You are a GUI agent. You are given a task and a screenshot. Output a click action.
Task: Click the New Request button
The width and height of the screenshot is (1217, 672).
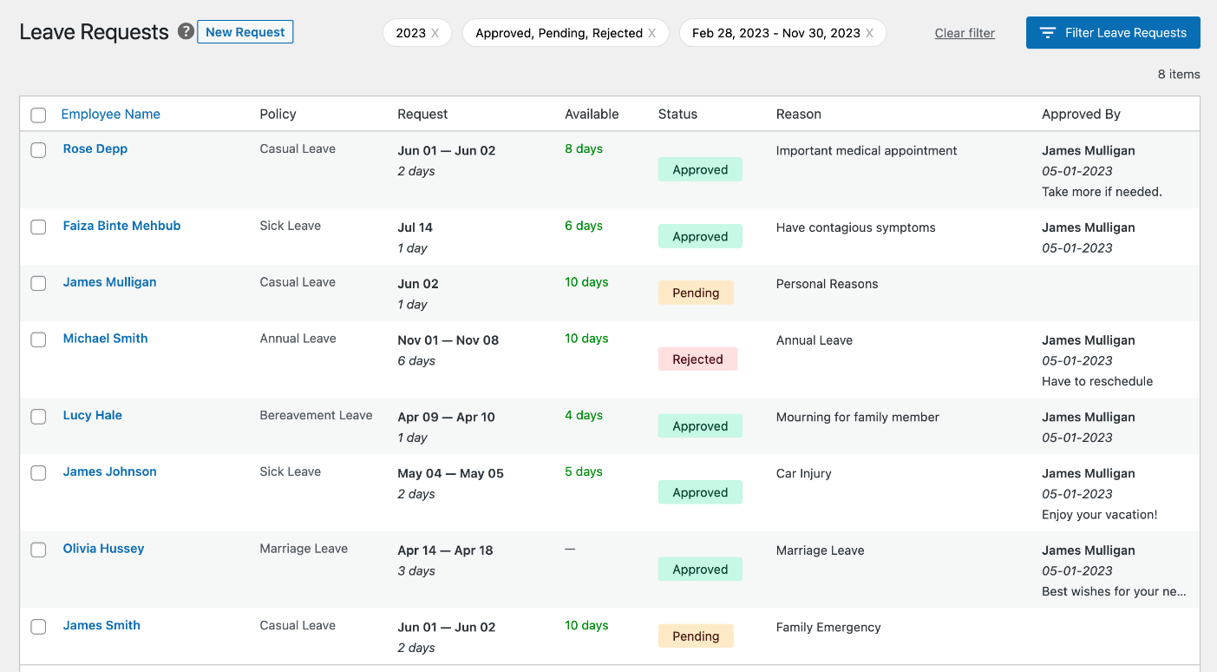(x=245, y=32)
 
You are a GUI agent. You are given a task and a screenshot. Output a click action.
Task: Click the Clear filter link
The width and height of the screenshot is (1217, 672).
(x=965, y=33)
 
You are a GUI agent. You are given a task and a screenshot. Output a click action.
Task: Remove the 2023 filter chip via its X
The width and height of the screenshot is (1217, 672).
(x=435, y=33)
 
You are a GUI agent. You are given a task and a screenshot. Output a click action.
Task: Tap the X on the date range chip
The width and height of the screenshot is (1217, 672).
(x=870, y=33)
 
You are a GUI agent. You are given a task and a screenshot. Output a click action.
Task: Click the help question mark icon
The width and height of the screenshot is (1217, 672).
(x=186, y=31)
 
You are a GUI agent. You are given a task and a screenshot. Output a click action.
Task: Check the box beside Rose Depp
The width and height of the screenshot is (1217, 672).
(x=38, y=150)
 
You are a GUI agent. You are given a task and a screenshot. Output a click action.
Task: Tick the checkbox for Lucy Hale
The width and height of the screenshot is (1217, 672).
(x=38, y=417)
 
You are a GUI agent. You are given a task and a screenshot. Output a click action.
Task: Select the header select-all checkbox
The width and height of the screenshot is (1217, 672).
(x=38, y=115)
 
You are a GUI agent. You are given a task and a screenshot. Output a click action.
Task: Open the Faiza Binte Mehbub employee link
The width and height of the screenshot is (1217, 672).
(x=121, y=226)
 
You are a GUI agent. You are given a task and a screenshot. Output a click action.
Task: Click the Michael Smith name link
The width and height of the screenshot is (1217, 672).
(x=105, y=339)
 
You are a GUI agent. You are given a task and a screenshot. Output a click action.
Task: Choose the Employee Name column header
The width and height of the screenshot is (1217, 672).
(x=110, y=114)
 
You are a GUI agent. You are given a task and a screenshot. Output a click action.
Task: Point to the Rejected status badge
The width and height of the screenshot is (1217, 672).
(x=697, y=359)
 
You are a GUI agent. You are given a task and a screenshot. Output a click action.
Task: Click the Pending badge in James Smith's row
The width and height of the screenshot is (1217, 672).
(x=696, y=636)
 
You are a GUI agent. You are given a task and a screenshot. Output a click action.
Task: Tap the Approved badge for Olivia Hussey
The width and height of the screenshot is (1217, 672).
(x=700, y=570)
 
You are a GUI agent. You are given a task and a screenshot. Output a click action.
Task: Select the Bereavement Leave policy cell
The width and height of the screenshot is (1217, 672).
(x=316, y=415)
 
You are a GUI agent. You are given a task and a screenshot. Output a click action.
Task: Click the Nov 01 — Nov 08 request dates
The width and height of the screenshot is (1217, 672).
(x=448, y=340)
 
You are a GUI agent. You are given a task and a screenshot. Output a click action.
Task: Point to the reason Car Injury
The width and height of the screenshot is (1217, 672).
(x=803, y=473)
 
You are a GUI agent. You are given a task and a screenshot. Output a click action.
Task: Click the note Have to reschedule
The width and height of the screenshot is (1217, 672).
(x=1097, y=381)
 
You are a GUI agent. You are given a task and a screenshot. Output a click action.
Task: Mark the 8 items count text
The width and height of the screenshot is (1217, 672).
(x=1178, y=75)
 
